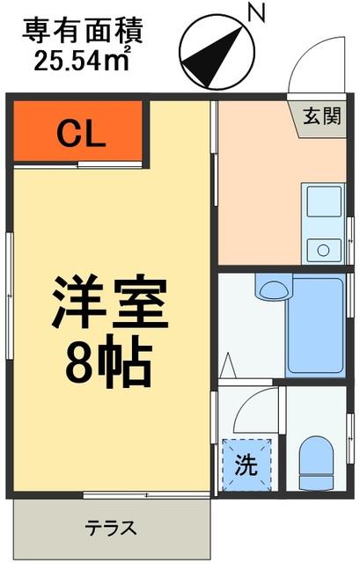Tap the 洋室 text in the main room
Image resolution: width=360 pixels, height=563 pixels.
coord(110,303)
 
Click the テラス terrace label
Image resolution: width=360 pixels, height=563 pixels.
coord(111,529)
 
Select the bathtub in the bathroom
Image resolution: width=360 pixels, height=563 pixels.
coord(315,326)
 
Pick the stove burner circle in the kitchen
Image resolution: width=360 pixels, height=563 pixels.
coord(323,250)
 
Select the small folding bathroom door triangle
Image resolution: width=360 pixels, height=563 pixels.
coord(228,366)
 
